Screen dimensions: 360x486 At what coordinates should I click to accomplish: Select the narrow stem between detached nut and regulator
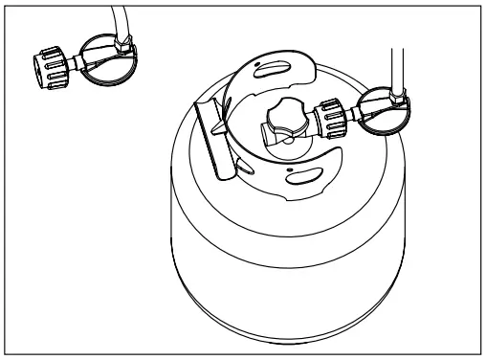76,63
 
